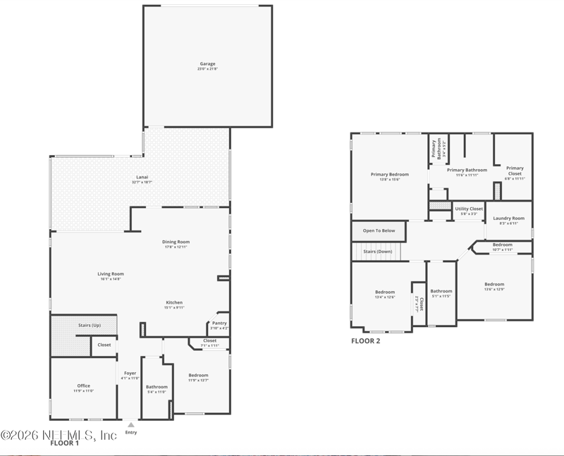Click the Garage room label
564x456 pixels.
207,64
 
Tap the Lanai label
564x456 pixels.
142,177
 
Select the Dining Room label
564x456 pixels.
177,242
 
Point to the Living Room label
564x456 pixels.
111,273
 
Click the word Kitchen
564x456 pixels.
174,302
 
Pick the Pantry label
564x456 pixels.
219,323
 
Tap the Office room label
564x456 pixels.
84,386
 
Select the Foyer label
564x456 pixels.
130,374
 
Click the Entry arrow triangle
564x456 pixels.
130,425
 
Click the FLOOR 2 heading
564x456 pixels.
366,340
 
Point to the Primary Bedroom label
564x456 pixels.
390,174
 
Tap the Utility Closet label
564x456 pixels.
469,209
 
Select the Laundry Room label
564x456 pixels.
508,218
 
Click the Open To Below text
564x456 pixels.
379,230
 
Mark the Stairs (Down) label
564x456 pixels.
377,251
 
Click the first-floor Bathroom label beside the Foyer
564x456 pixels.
157,387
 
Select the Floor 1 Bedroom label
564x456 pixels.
198,375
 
